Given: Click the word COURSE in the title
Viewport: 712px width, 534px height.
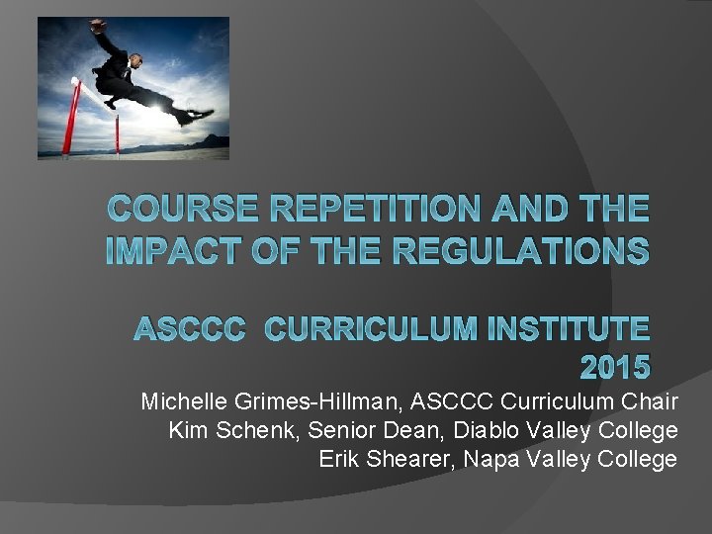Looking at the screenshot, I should tap(177, 210).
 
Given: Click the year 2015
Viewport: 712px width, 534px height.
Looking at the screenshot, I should tap(613, 369).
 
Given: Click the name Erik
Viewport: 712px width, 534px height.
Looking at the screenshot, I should tap(339, 459).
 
